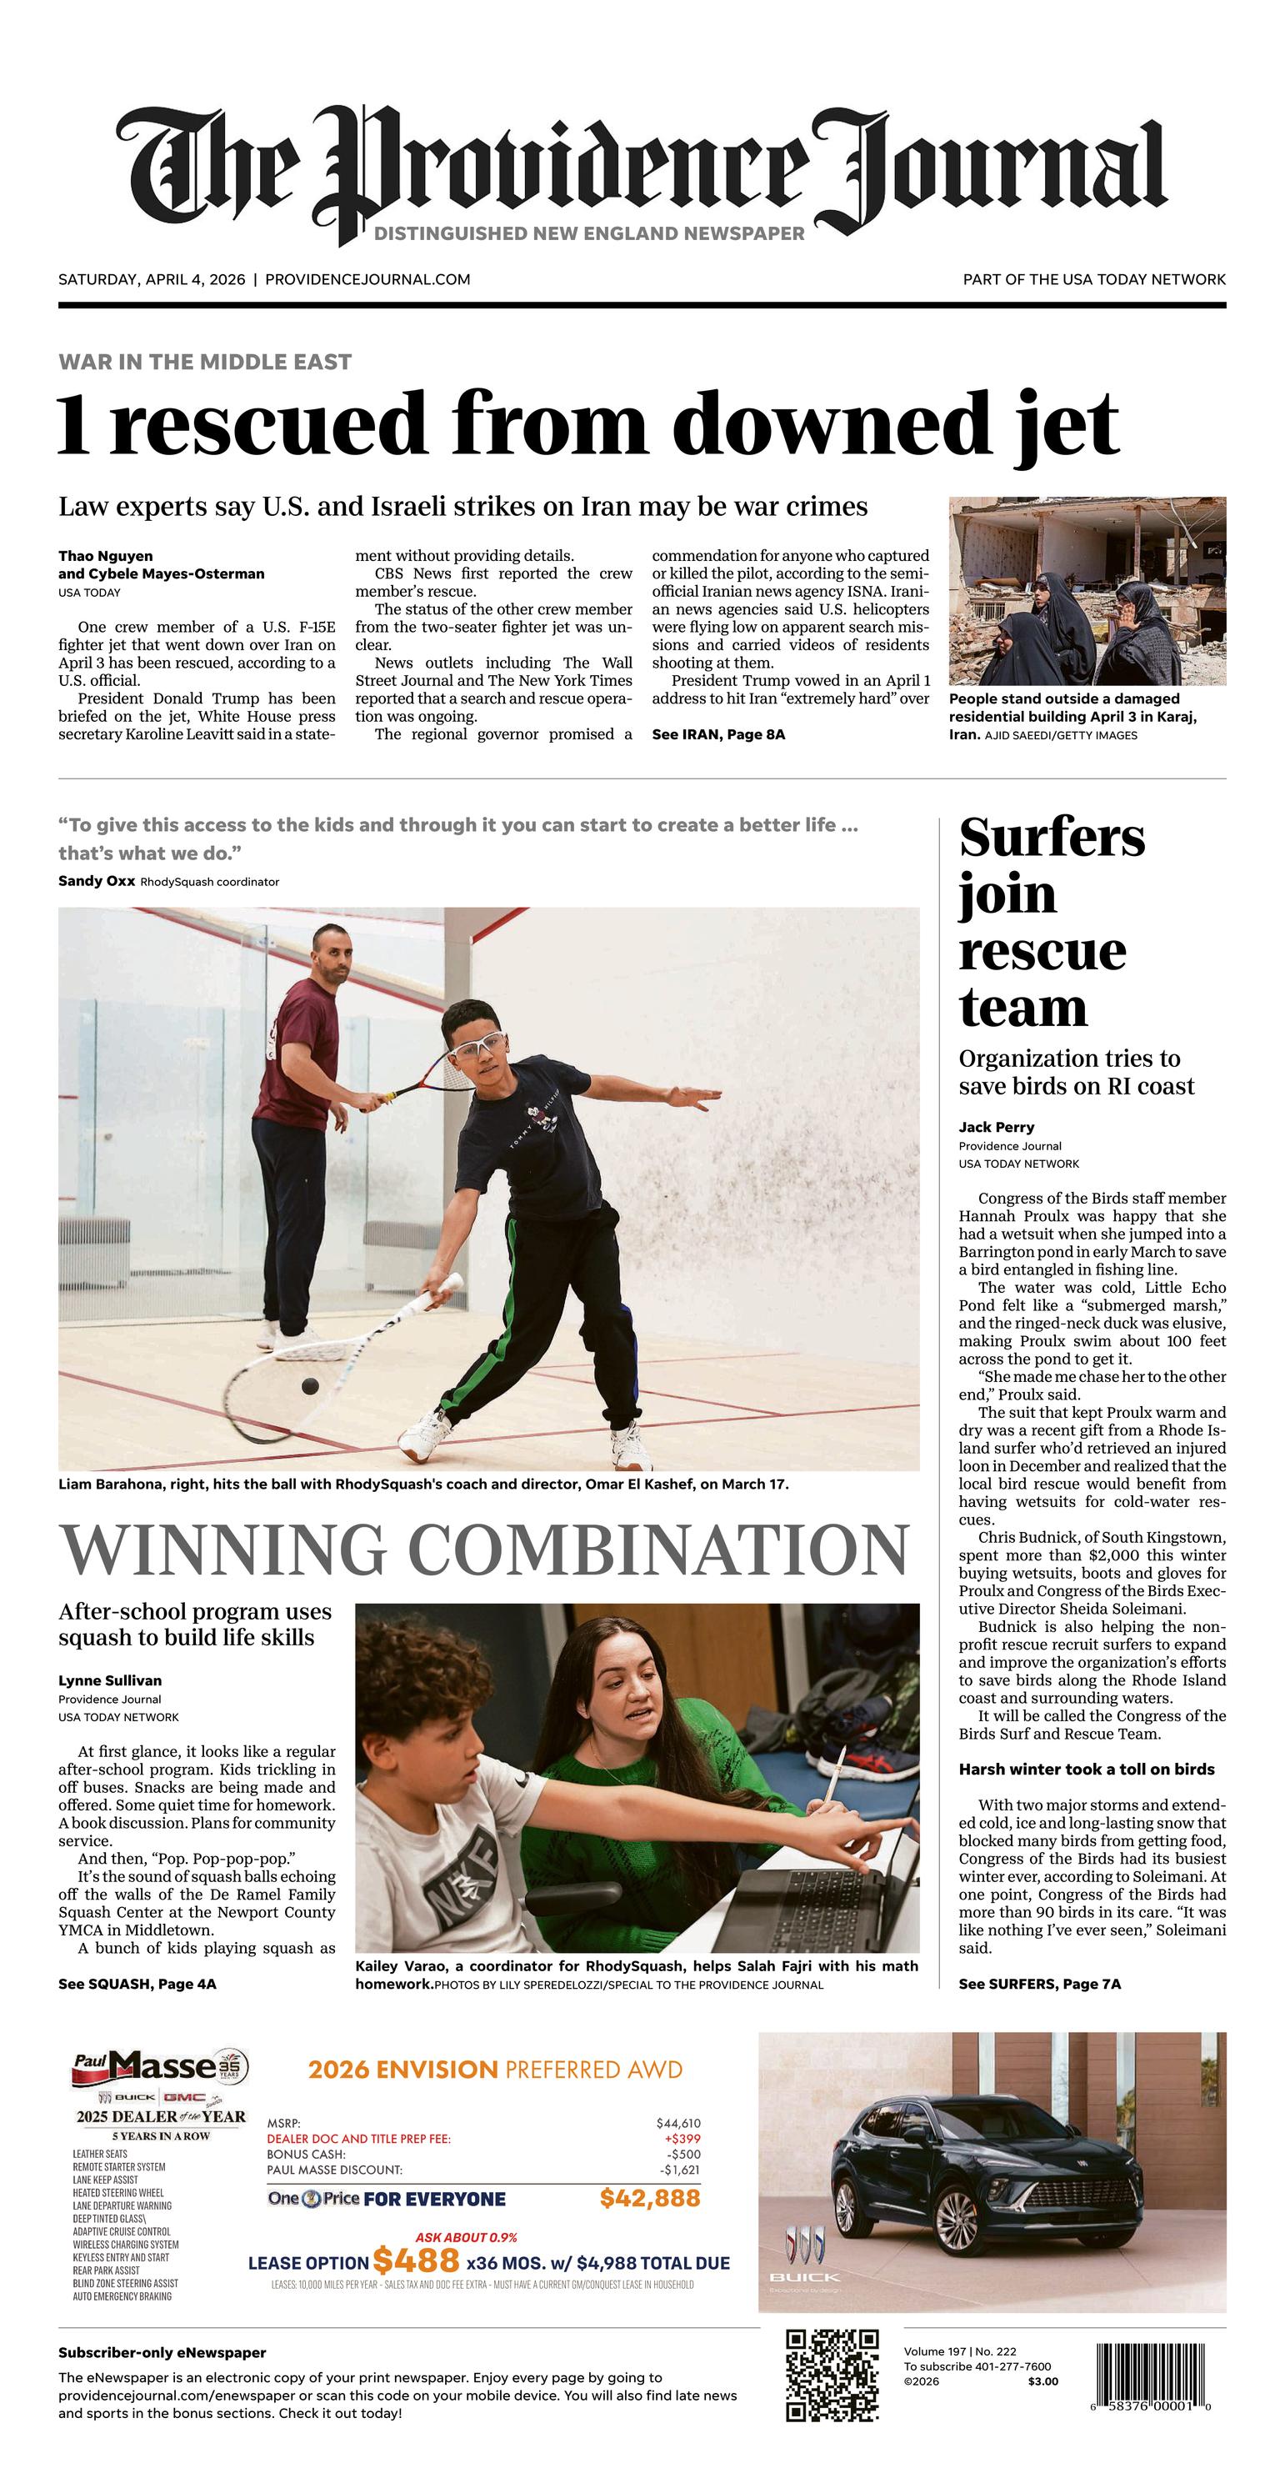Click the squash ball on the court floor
click(x=309, y=1386)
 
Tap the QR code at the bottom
click(x=832, y=2374)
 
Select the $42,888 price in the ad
click(x=650, y=2198)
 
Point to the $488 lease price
click(x=416, y=2260)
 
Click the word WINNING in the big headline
click(x=227, y=1550)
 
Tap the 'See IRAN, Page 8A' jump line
click(x=718, y=734)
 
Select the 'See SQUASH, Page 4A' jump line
click(x=137, y=1984)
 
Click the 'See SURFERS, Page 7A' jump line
click(x=1039, y=1984)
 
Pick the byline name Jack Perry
click(x=996, y=1127)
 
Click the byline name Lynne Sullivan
click(x=110, y=1680)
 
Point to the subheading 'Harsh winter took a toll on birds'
click(x=1087, y=1769)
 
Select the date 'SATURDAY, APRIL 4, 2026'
click(x=152, y=279)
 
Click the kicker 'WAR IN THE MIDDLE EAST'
click(x=204, y=363)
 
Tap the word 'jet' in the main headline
click(x=1067, y=424)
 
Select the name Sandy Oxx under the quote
click(x=97, y=881)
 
